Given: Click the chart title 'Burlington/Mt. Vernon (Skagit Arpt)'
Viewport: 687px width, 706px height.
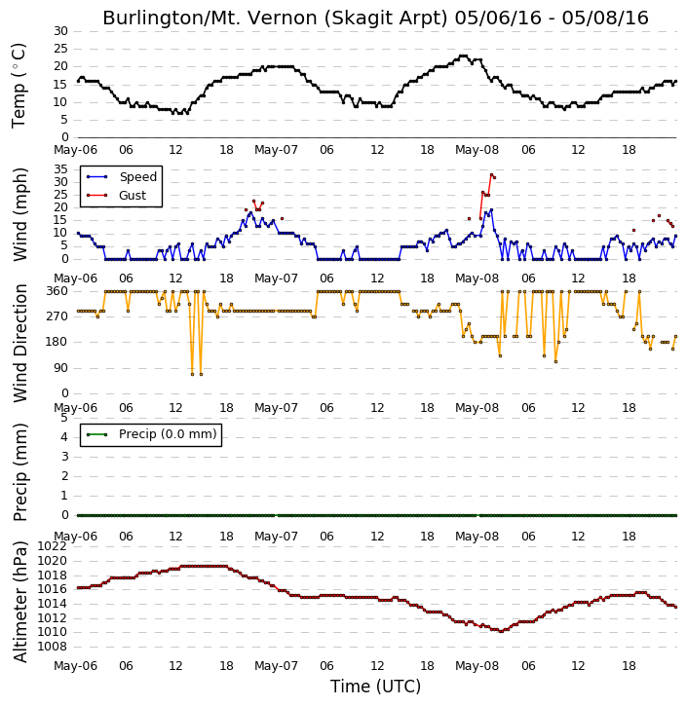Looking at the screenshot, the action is click(275, 19).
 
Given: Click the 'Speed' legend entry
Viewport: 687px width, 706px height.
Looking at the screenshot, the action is click(122, 177).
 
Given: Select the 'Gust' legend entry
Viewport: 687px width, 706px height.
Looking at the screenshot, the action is click(117, 196).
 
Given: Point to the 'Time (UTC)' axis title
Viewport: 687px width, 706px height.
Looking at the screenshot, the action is click(376, 687).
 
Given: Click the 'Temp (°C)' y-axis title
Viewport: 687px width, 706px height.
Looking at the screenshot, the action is click(19, 86).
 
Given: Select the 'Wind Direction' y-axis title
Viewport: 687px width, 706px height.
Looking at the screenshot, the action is click(20, 343).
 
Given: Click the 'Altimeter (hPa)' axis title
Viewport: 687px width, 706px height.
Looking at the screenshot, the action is click(20, 602).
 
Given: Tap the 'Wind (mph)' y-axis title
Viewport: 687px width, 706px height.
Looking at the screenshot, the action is click(20, 214).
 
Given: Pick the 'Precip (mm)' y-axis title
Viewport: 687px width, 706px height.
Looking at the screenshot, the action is click(20, 472).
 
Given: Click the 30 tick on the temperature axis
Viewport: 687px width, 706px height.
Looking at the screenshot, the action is click(60, 31).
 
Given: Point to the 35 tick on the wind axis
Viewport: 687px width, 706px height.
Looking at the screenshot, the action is click(60, 169).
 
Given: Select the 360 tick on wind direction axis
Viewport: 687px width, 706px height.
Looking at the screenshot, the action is click(57, 291).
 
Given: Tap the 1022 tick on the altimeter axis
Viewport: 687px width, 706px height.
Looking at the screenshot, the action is click(52, 546).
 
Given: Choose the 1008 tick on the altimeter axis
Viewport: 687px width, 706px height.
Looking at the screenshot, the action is click(52, 647).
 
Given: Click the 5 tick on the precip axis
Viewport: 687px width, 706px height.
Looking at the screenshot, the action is click(64, 418).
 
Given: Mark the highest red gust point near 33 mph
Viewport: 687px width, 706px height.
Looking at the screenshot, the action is click(491, 174).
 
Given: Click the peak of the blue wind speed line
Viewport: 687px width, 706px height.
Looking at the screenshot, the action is click(491, 209).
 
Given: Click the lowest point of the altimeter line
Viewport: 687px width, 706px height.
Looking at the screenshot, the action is click(501, 631).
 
